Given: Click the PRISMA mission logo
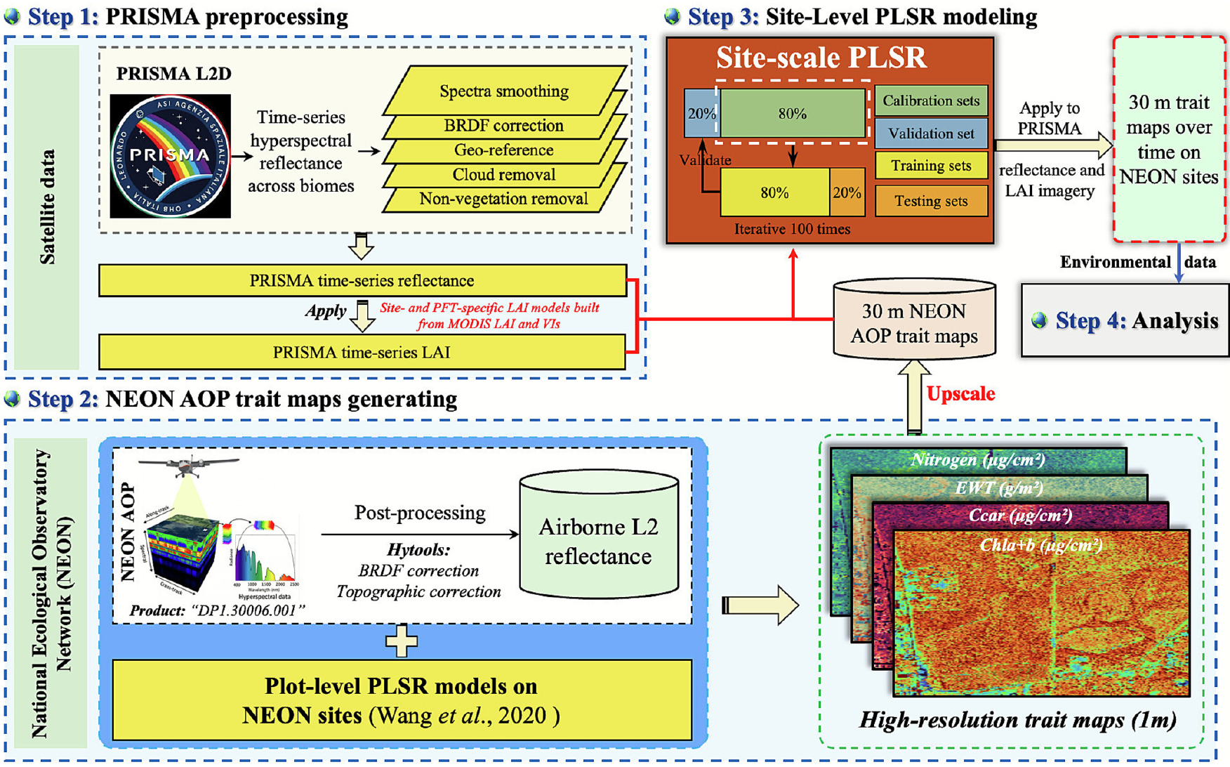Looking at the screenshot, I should point(171,156).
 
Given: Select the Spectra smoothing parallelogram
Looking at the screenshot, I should point(503,91).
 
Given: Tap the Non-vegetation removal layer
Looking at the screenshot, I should point(503,199).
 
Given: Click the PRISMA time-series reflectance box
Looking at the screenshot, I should point(362,281).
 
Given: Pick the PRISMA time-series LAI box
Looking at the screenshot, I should point(362,353).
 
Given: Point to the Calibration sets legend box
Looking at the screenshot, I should point(931,101).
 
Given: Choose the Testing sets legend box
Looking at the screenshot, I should point(931,202).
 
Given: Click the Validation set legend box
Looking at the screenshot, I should point(931,133).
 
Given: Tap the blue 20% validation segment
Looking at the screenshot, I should point(700,114).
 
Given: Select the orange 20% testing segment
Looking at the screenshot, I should point(847,192).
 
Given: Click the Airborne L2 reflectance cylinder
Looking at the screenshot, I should point(598,541).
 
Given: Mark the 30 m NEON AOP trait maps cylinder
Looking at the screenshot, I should point(913,323).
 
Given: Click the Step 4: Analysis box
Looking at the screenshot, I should point(1125,321).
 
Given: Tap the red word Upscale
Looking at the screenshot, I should point(960,394).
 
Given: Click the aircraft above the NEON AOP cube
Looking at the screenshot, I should point(188,464).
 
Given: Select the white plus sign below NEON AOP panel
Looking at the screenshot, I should point(402,641).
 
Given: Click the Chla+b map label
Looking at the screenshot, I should point(1040,545).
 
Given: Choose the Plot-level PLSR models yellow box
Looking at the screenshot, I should point(402,700).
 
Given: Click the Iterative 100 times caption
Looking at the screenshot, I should point(792,230).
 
